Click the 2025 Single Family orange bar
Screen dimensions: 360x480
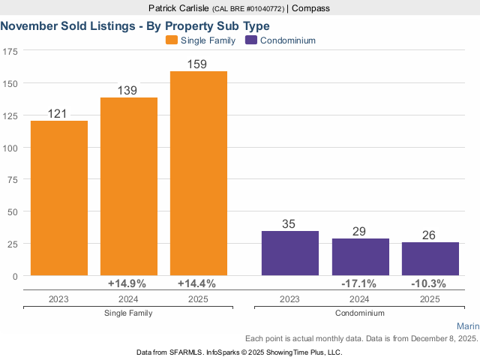coord(199,173)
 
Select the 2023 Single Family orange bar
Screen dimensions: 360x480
coord(59,198)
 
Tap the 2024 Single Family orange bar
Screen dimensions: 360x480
coord(129,187)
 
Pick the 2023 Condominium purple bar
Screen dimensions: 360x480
coord(289,253)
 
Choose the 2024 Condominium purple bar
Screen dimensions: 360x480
coord(361,257)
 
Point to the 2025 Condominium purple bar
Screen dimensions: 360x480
coord(430,259)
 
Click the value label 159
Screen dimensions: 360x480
coord(199,64)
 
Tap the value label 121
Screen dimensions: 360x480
coord(58,114)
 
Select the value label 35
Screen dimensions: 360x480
coord(289,224)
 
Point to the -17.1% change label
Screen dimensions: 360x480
coord(359,283)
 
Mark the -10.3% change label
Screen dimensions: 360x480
coord(429,283)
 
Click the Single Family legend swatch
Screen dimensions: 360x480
coord(172,40)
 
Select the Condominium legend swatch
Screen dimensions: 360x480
coord(251,40)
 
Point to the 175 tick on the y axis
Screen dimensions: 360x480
coord(10,51)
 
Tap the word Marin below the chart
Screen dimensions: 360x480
coord(467,326)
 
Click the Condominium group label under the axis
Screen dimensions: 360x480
coord(359,313)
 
